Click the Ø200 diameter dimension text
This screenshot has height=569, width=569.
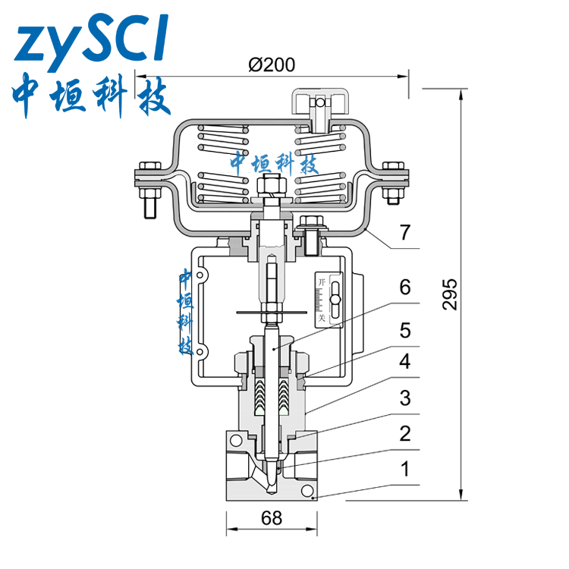point(272,65)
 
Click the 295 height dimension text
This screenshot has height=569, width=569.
point(450,294)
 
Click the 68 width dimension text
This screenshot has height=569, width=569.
point(272,518)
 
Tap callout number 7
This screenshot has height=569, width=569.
point(405,232)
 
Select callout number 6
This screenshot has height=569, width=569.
point(405,287)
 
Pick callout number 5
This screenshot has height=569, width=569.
point(405,331)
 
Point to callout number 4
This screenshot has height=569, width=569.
point(405,361)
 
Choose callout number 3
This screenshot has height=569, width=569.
point(405,398)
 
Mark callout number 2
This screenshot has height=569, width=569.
point(405,434)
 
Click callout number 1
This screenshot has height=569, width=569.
point(405,469)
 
